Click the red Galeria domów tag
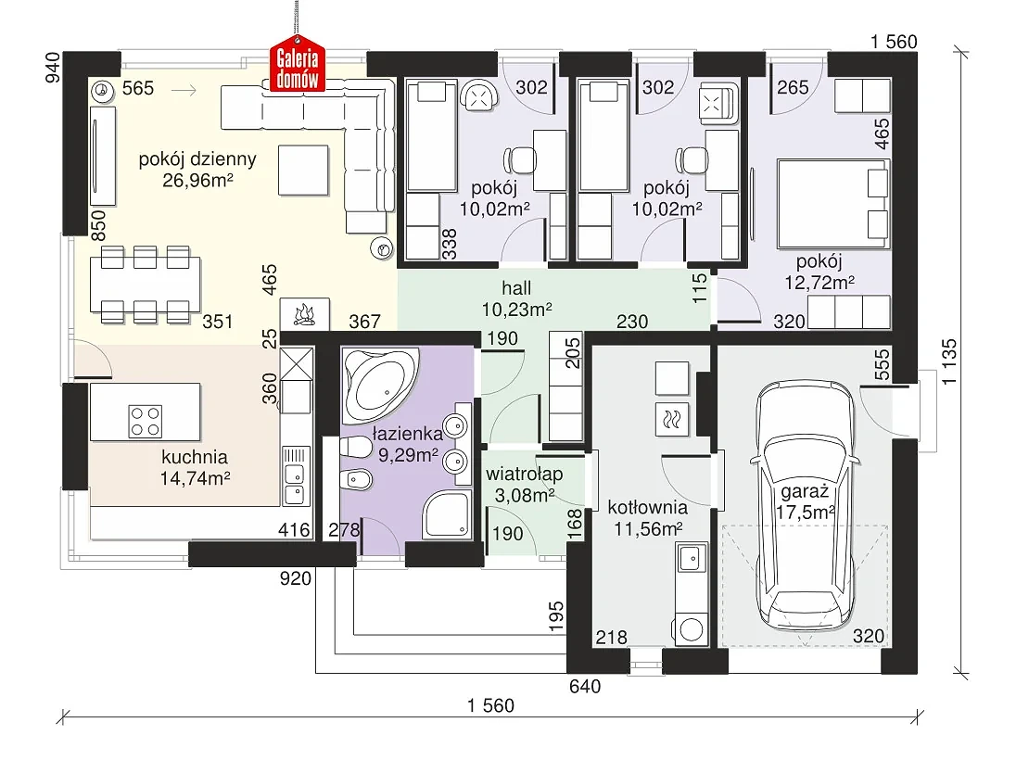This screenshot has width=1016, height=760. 298,68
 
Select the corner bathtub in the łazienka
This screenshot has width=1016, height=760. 381,385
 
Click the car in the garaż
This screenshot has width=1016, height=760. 806,505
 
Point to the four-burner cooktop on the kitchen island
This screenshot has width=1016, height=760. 146,421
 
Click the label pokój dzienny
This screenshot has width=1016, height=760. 197,159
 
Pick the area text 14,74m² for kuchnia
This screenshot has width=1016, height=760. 195,479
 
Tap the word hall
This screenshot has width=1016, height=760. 516,287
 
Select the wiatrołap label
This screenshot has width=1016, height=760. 524,474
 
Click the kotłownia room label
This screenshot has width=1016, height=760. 647,507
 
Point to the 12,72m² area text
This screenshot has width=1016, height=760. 819,283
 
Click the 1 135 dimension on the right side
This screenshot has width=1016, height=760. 948,361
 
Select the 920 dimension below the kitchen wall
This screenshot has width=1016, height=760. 296,578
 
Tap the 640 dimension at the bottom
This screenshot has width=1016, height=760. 585,686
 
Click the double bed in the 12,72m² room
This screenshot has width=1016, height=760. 832,204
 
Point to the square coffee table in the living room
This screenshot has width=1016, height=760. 303,171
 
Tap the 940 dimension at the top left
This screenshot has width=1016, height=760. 52,68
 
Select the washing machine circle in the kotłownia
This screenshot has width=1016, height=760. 692,629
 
